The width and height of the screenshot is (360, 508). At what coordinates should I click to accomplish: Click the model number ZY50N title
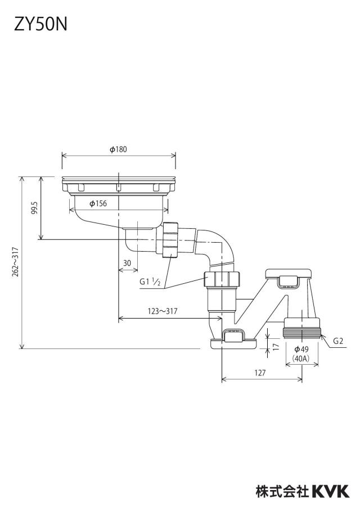tap(40, 24)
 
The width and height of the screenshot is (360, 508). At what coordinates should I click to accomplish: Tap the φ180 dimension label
tap(118, 149)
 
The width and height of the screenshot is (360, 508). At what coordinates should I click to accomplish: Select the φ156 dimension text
tap(98, 203)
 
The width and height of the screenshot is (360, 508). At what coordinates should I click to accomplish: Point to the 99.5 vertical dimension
tap(35, 208)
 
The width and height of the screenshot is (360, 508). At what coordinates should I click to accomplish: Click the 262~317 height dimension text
tap(16, 262)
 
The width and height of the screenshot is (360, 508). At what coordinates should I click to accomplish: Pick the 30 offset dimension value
tap(127, 263)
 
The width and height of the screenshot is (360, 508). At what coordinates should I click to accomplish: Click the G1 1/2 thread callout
tap(150, 282)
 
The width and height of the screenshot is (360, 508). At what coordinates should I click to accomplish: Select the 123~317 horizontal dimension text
tap(163, 311)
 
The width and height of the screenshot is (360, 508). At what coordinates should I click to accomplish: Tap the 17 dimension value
tap(276, 347)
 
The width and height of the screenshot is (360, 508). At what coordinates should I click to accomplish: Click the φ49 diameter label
tap(301, 349)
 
